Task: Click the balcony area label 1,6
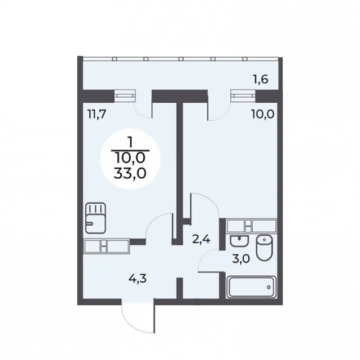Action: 260,80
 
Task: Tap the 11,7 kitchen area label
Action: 96,113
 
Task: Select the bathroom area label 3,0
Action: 240,259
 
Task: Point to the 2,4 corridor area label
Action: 201,240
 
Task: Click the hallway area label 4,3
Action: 138,279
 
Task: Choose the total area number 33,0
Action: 130,174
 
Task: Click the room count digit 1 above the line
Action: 130,143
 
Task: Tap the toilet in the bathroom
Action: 264,248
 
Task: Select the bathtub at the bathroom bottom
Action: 251,287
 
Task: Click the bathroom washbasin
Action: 239,241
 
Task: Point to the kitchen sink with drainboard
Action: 96,218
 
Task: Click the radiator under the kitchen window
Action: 125,95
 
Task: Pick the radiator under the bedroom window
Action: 243,95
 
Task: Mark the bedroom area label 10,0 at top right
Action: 263,114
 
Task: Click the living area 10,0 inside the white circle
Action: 131,158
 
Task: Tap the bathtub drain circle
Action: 269,287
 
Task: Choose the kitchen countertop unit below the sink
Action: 107,247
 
